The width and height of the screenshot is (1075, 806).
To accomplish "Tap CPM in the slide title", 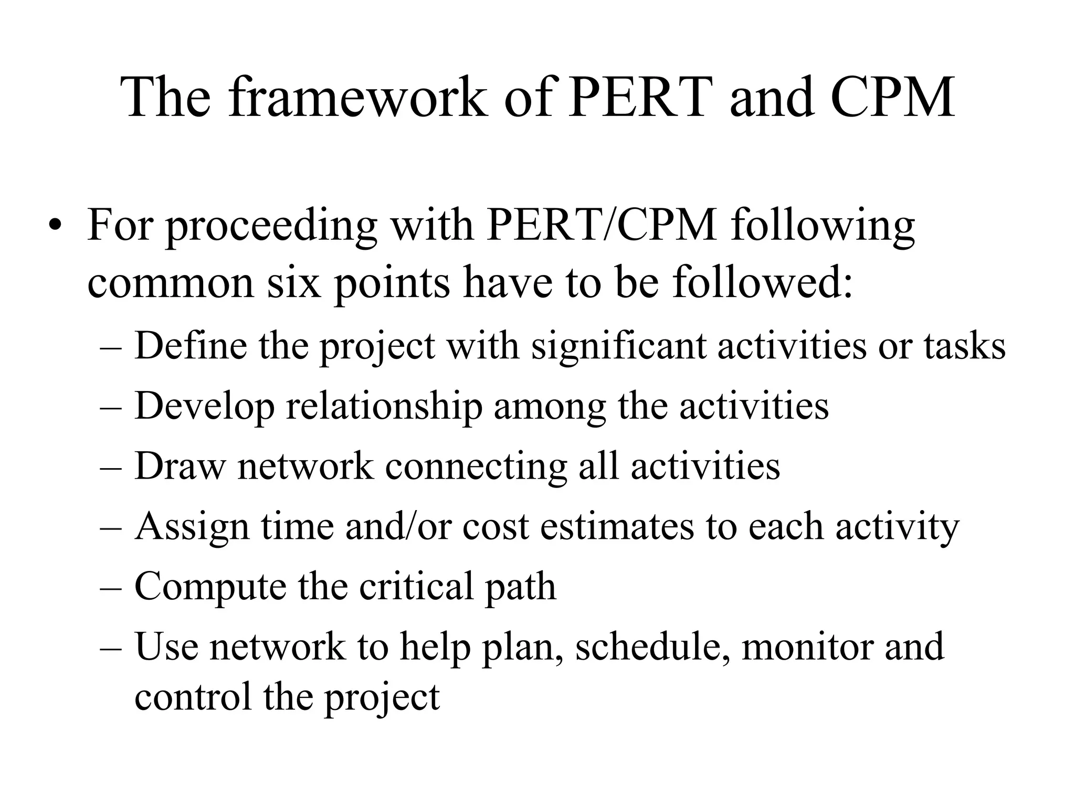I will coord(892,97).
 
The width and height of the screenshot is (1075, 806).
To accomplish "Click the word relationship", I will coord(384,407).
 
